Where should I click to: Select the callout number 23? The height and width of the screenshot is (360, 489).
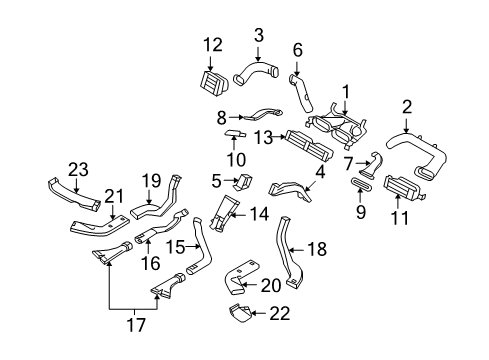tap(79, 170)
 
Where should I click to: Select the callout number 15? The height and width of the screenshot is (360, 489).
tap(174, 246)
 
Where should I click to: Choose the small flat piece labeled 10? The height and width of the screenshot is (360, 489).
tap(238, 136)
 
